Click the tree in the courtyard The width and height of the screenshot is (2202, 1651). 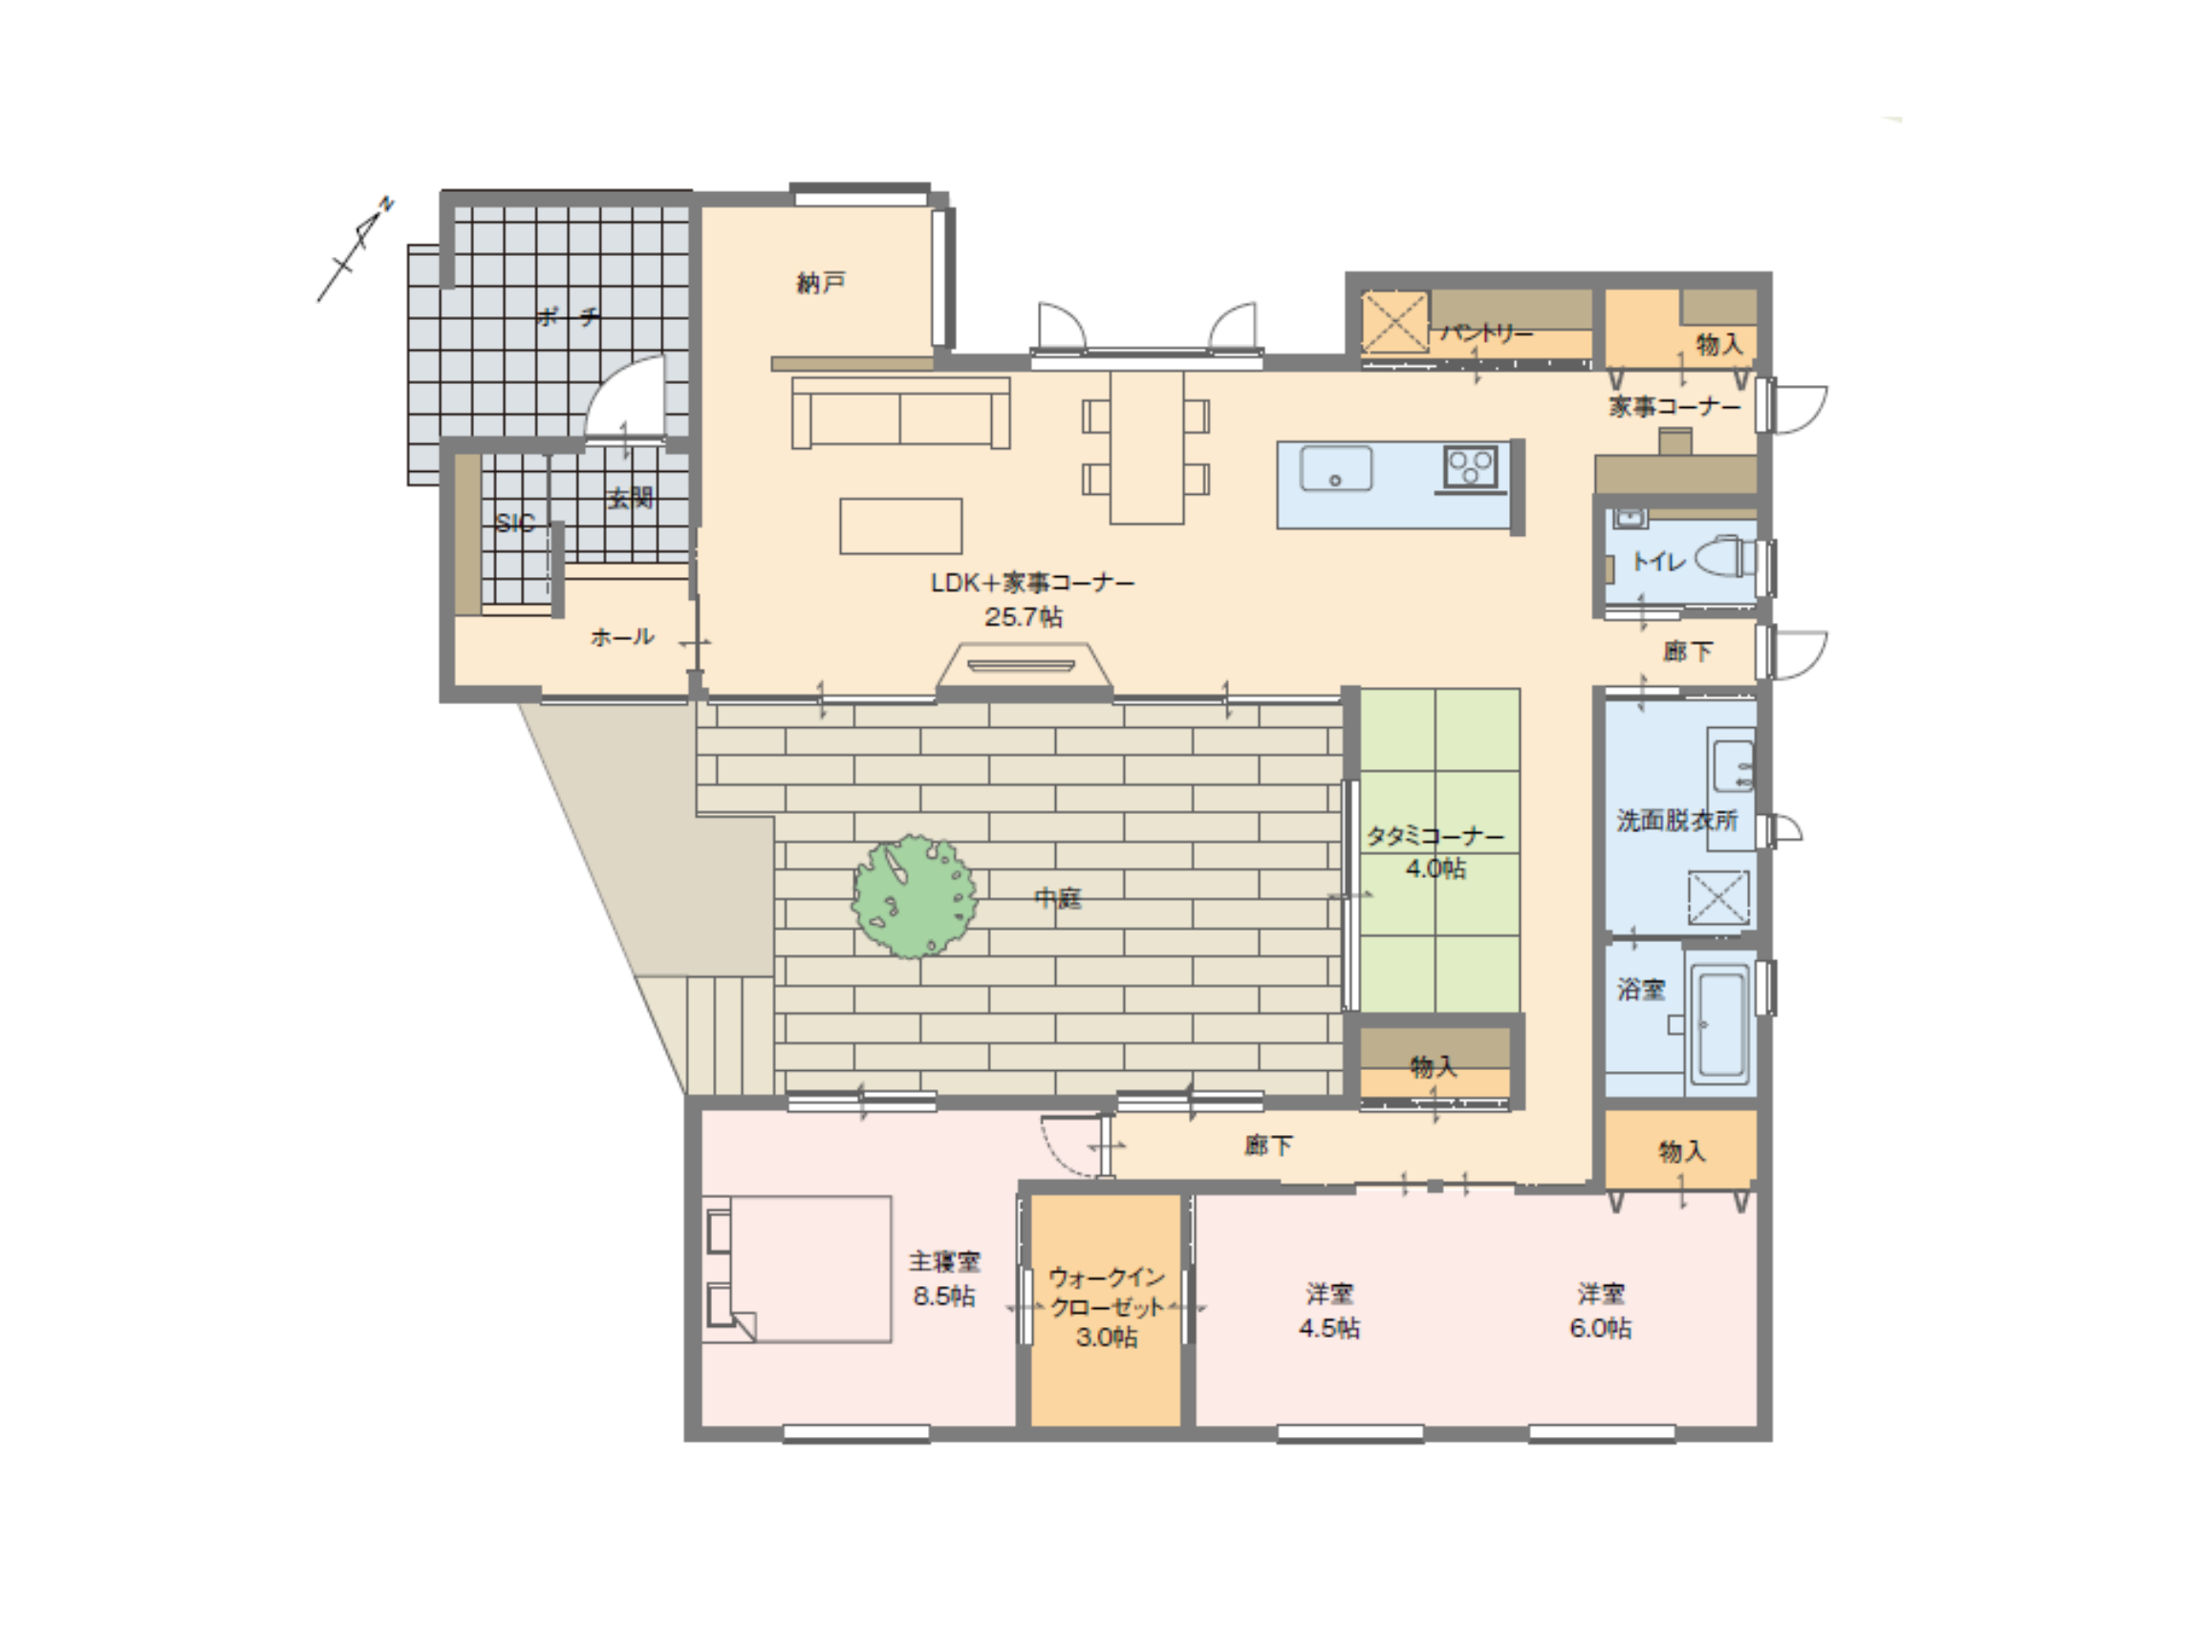(x=913, y=895)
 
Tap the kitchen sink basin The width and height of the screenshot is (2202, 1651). (x=1336, y=468)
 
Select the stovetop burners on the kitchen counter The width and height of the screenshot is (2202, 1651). (x=1470, y=467)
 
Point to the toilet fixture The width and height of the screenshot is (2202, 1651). (x=1720, y=557)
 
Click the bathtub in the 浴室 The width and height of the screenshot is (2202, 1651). (x=1719, y=1024)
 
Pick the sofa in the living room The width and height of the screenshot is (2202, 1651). (x=900, y=412)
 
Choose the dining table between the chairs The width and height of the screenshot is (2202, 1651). (x=1147, y=447)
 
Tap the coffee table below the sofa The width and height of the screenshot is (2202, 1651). (x=901, y=525)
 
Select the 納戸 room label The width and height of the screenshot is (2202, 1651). (x=820, y=284)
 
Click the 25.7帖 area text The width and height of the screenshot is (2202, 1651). (x=1024, y=617)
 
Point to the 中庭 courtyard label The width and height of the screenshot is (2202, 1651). (x=1058, y=899)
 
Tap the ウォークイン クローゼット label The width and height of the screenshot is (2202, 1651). (x=1107, y=1292)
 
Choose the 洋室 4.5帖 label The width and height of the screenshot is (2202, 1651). (x=1329, y=1311)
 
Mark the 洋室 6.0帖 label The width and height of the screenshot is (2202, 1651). (x=1601, y=1311)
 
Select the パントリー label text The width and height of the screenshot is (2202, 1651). (x=1486, y=333)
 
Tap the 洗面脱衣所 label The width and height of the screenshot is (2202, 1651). (x=1676, y=820)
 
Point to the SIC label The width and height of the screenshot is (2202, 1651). (x=515, y=524)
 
